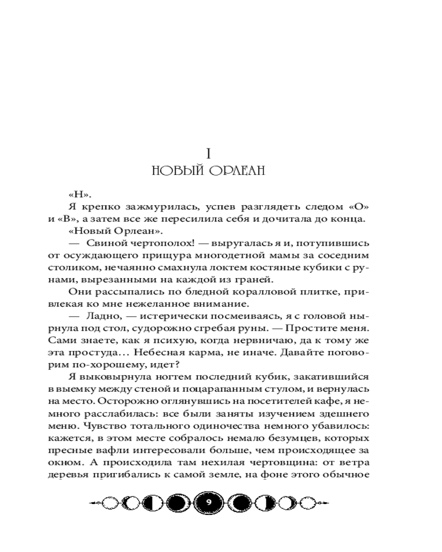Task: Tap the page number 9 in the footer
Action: coord(208,502)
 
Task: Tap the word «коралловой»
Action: coord(235,292)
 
